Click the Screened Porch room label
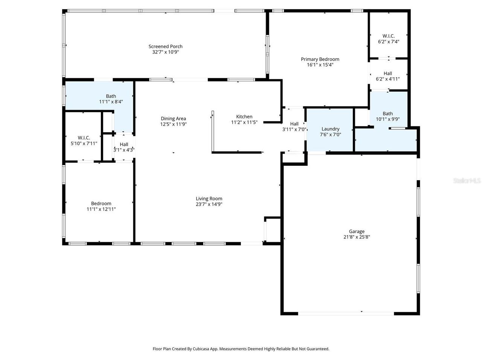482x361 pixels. [x=165, y=47]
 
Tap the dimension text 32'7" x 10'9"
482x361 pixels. [x=165, y=52]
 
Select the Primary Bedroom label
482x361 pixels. [x=320, y=59]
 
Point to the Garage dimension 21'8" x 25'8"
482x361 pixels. [x=356, y=237]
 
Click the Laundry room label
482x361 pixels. [x=330, y=129]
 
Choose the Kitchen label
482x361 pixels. [x=244, y=117]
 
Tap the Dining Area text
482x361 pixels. [x=173, y=118]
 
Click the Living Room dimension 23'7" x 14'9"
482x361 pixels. [x=209, y=204]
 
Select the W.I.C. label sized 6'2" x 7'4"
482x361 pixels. [x=388, y=36]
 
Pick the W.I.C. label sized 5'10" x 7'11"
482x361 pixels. [x=84, y=138]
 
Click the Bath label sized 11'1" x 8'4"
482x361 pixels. [x=111, y=96]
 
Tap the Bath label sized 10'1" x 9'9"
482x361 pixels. [x=387, y=114]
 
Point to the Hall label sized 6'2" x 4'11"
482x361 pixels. [x=387, y=74]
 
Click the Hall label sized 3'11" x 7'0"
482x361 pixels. [x=294, y=124]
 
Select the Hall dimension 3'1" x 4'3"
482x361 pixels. [x=124, y=150]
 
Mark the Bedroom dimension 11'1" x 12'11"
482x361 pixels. [x=101, y=209]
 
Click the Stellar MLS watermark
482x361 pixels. [x=467, y=181]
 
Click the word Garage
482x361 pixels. [x=356, y=232]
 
